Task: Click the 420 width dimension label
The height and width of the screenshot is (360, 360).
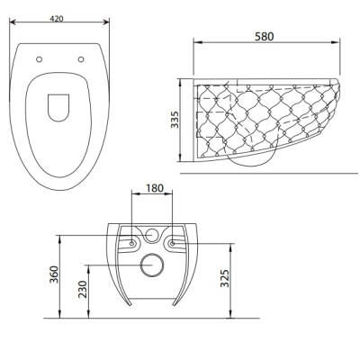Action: coord(57,19)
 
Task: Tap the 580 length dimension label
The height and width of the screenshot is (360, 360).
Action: coord(265,37)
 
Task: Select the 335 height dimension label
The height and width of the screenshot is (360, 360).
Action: coord(175,120)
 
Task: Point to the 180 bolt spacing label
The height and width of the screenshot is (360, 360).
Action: coord(155,188)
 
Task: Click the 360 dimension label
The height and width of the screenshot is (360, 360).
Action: coord(54,274)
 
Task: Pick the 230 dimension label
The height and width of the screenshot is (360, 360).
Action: coord(83,289)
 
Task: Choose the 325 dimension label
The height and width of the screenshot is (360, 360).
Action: coord(225,278)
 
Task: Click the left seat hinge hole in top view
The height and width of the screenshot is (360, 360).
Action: coord(39,59)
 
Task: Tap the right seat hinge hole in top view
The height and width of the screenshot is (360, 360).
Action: coord(81,59)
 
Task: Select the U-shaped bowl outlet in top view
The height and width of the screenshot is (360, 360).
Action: coord(58,121)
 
